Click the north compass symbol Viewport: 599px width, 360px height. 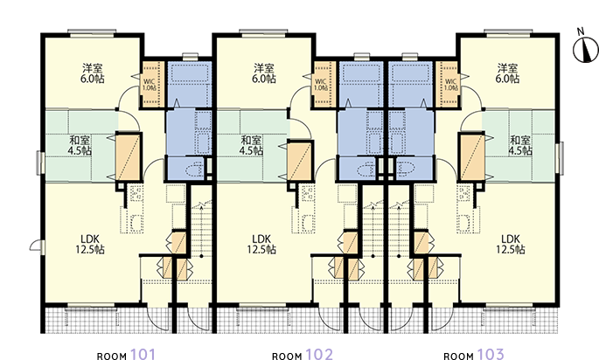point(585,47)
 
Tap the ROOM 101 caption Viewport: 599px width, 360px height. point(126,355)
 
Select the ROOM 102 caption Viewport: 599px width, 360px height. point(303,355)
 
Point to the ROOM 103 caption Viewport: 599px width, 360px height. point(474,355)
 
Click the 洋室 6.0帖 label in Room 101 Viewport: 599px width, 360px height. point(93,73)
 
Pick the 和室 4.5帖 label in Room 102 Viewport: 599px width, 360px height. point(251,145)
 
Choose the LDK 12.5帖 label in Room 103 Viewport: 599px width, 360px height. point(511,245)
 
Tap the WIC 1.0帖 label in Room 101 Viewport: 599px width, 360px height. point(150,85)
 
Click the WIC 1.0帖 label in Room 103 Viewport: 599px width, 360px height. point(450,85)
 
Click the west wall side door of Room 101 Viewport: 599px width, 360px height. point(37,247)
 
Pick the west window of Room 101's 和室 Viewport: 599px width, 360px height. point(39,163)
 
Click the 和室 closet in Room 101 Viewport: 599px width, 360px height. point(129,156)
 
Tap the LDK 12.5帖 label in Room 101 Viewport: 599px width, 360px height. point(90,245)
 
